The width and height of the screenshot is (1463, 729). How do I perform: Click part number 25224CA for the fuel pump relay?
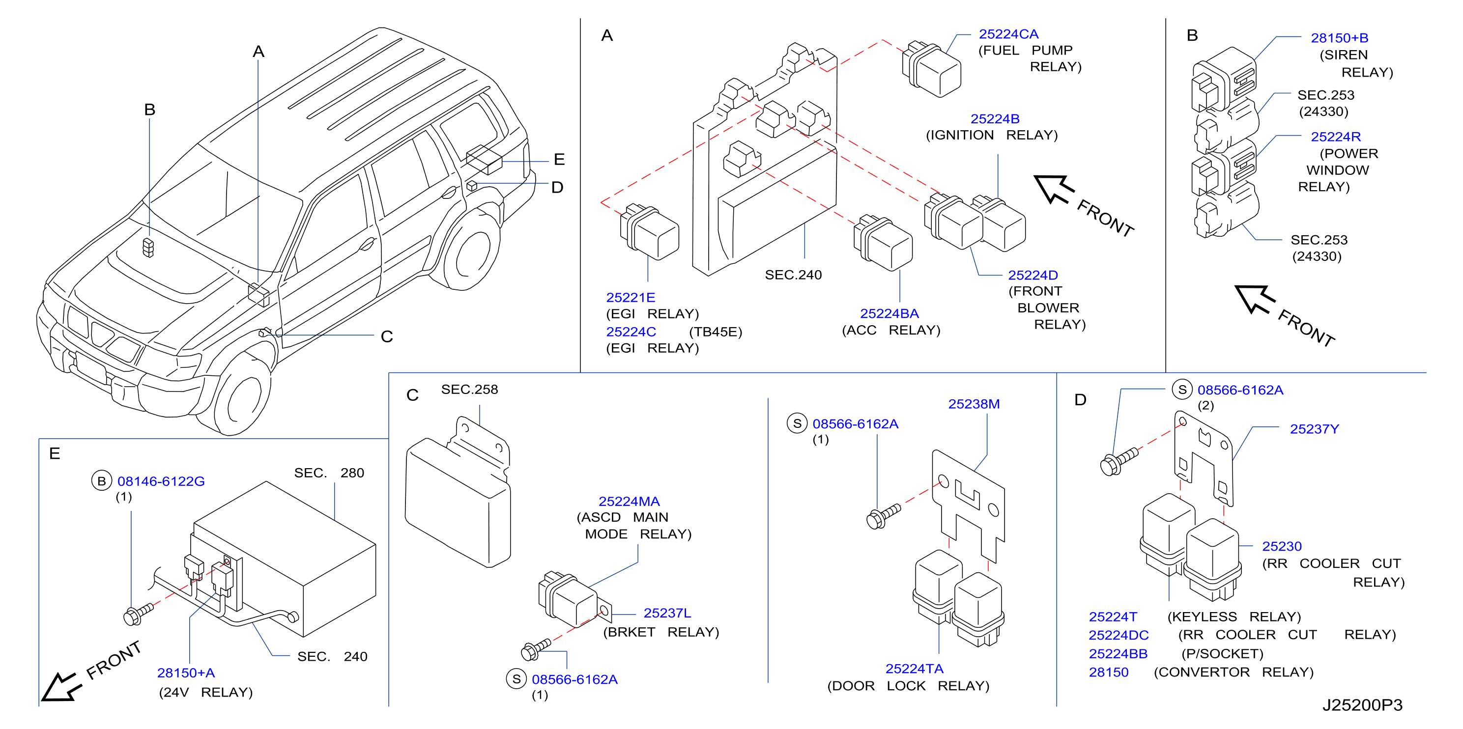[1008, 34]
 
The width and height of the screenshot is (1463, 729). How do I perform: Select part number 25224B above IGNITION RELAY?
[995, 119]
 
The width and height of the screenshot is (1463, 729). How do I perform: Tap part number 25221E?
[631, 298]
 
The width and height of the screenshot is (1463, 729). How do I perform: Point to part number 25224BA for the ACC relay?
[889, 313]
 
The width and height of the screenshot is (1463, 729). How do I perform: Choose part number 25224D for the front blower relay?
[1033, 276]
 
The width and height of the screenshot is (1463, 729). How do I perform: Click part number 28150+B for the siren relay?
[1339, 38]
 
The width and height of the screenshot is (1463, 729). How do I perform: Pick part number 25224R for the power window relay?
[1335, 137]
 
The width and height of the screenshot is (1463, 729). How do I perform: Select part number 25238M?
[974, 404]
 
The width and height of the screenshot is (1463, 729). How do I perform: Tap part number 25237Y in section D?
[1314, 429]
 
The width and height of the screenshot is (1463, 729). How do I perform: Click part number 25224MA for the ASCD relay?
[629, 502]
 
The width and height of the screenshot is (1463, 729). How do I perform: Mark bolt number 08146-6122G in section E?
[161, 481]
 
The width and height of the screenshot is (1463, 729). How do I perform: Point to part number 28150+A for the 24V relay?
[186, 673]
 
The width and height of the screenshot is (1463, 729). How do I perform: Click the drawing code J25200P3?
[1362, 705]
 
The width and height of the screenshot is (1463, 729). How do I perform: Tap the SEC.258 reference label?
[469, 390]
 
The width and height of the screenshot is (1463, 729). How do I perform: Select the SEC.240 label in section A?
[793, 275]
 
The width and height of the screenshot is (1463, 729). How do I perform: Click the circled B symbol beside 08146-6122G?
[102, 481]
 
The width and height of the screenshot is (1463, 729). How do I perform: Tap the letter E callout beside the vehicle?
[559, 160]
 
